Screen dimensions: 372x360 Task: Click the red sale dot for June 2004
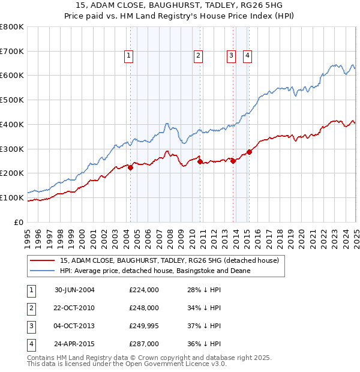coord(130,167)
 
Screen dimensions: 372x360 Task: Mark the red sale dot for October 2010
coord(199,161)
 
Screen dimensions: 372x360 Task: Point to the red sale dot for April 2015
coord(249,152)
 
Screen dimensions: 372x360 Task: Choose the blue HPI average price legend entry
coord(155,271)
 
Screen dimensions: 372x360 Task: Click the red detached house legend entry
coord(169,261)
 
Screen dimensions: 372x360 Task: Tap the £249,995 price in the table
coord(144,326)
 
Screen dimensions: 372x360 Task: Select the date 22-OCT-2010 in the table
coord(75,308)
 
